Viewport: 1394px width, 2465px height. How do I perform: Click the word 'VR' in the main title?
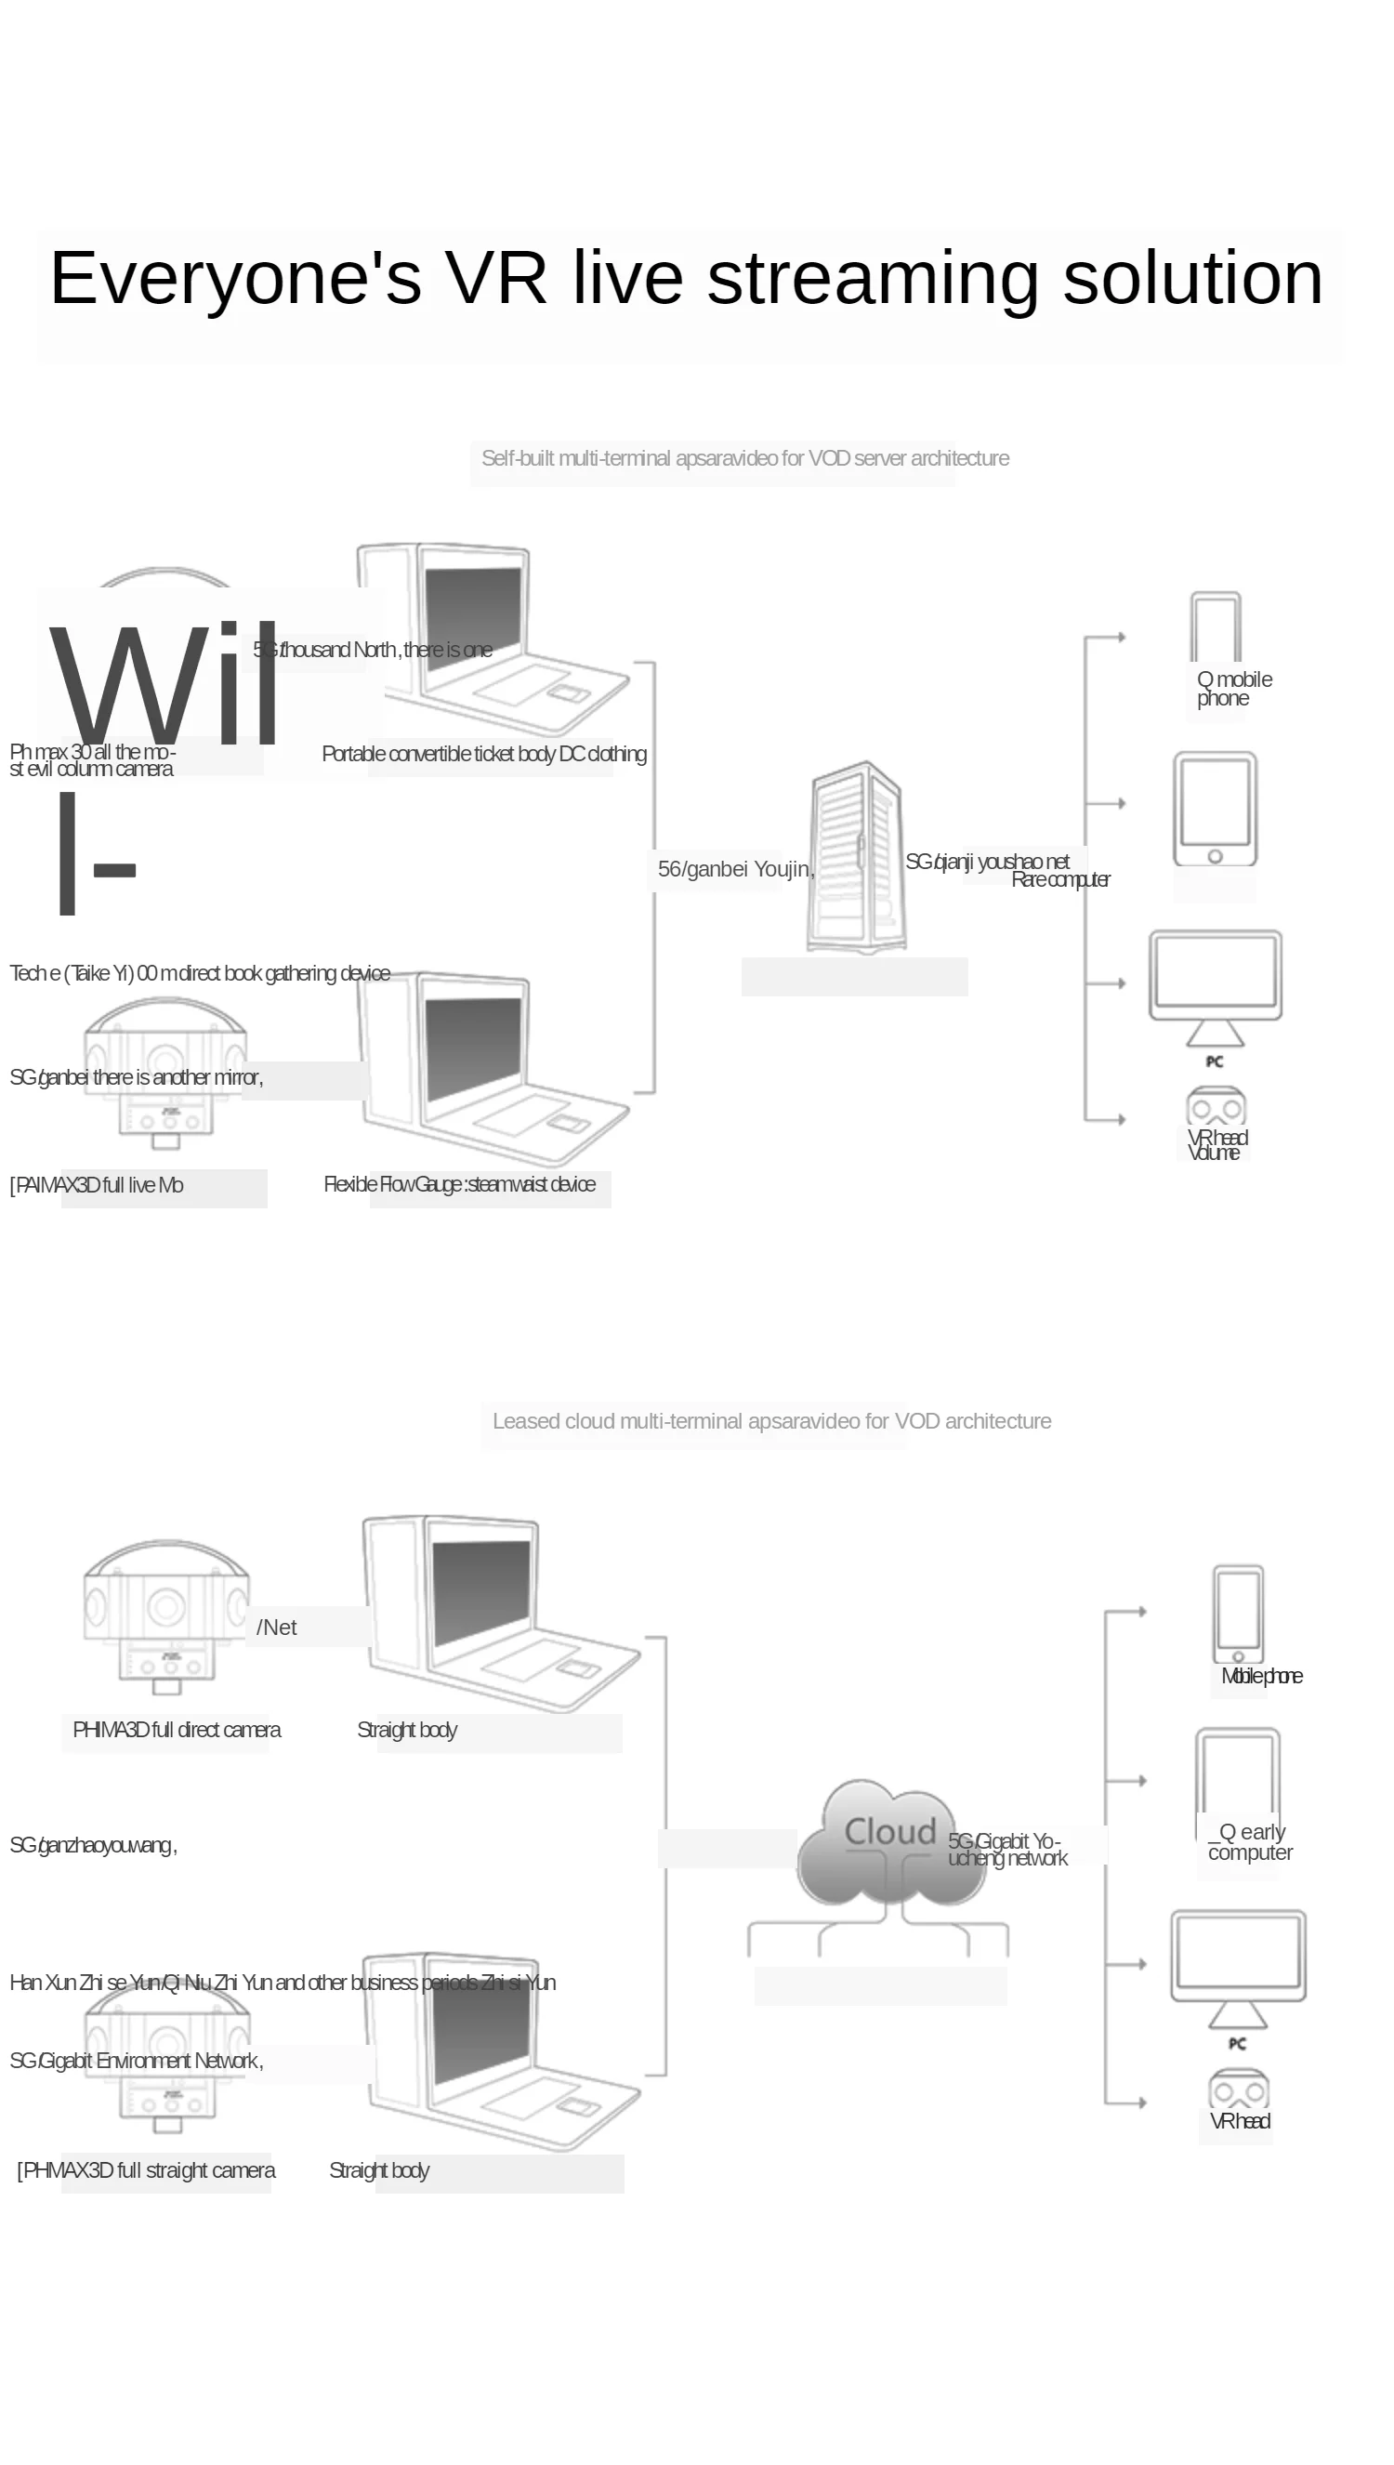coord(495,278)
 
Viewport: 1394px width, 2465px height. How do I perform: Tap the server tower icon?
coord(857,857)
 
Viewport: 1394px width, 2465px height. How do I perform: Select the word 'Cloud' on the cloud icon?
coord(889,1831)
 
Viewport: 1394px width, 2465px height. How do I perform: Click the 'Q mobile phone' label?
coord(1233,689)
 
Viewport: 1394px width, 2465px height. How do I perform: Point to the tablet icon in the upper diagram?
coord(1215,810)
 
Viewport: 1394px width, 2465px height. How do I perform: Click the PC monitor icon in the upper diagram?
coord(1215,986)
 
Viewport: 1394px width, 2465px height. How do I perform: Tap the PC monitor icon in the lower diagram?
coord(1238,1967)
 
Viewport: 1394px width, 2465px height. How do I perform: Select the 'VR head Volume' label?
coord(1216,1145)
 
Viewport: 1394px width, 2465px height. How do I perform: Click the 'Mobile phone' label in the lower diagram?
coord(1261,1675)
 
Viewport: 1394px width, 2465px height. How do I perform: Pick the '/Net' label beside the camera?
coord(277,1628)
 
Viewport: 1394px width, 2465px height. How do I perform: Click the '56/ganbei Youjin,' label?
coord(735,869)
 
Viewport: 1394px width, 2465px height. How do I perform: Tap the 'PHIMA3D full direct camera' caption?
coord(177,1730)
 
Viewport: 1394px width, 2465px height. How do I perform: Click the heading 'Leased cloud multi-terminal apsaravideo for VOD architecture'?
coord(770,1421)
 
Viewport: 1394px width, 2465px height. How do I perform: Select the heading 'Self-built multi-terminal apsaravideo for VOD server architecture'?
coord(743,458)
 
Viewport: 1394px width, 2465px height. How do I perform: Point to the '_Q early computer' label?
coord(1249,1842)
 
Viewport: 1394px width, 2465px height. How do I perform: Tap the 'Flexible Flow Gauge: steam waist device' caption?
coord(460,1184)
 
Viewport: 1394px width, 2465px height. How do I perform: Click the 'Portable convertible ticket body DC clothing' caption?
coord(483,755)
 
